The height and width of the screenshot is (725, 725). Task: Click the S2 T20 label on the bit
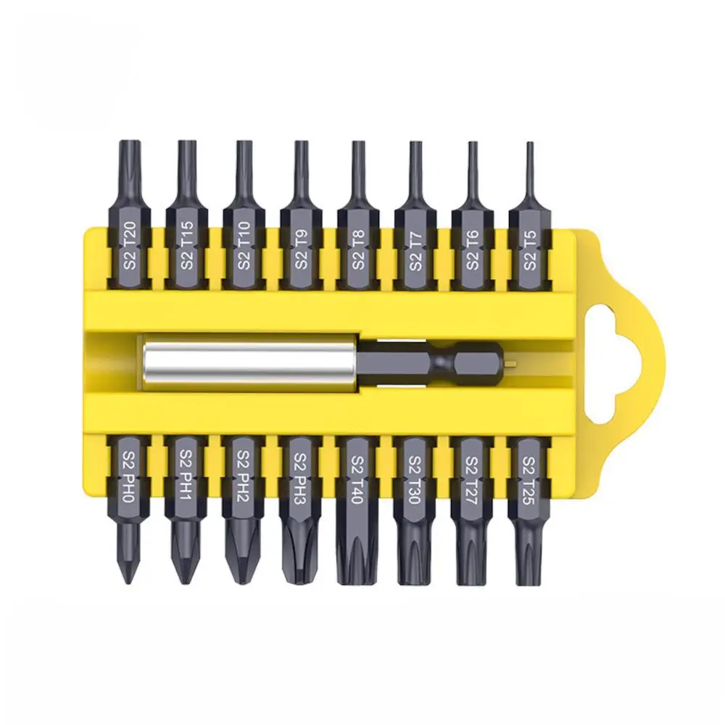click(x=130, y=246)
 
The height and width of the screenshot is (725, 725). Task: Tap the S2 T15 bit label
click(x=187, y=246)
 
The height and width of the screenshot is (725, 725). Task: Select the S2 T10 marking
click(x=244, y=246)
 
